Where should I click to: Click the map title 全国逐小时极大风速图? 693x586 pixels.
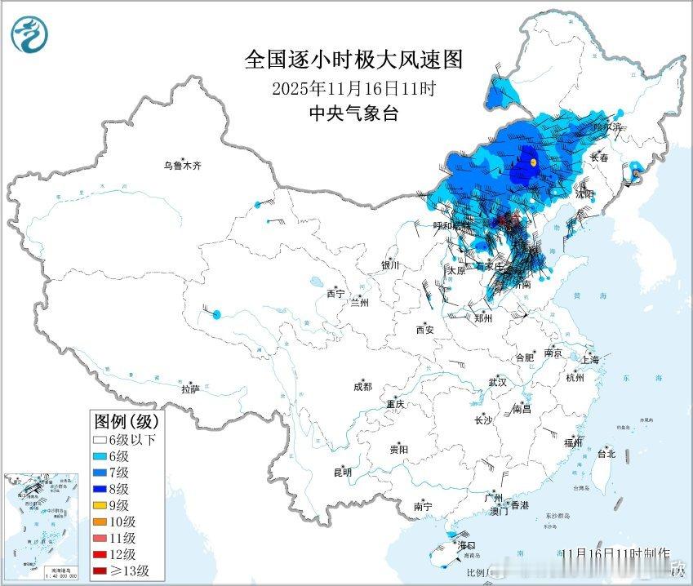click(x=353, y=60)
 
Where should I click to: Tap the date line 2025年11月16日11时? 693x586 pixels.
click(x=353, y=87)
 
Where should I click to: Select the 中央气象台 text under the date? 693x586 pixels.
click(x=353, y=113)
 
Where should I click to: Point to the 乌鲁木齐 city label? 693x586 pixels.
click(x=181, y=166)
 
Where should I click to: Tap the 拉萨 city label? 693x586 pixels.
click(x=190, y=389)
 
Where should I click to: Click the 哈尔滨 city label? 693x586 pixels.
click(x=607, y=127)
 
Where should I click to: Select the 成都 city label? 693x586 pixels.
click(x=362, y=387)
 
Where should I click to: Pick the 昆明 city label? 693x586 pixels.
click(x=342, y=472)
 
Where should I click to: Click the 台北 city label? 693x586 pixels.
click(x=606, y=453)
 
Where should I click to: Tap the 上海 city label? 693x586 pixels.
click(x=591, y=359)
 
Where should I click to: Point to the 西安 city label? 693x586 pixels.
click(x=425, y=330)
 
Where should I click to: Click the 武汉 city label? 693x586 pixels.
click(x=497, y=382)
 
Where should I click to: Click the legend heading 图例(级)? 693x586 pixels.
click(x=128, y=421)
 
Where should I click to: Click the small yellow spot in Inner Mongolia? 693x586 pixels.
click(x=533, y=162)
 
